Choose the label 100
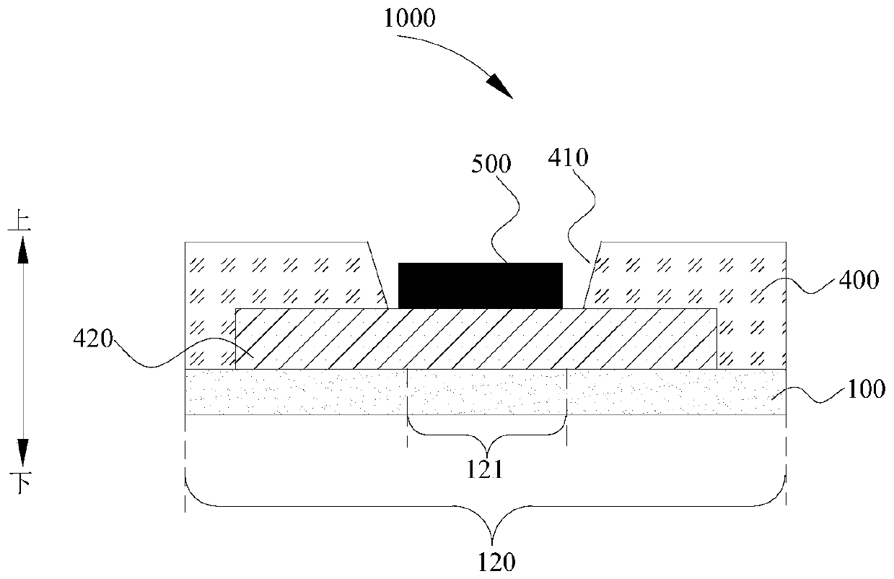(x=864, y=390)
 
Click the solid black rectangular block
(x=481, y=285)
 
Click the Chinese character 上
(x=19, y=220)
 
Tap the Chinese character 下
(x=19, y=482)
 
